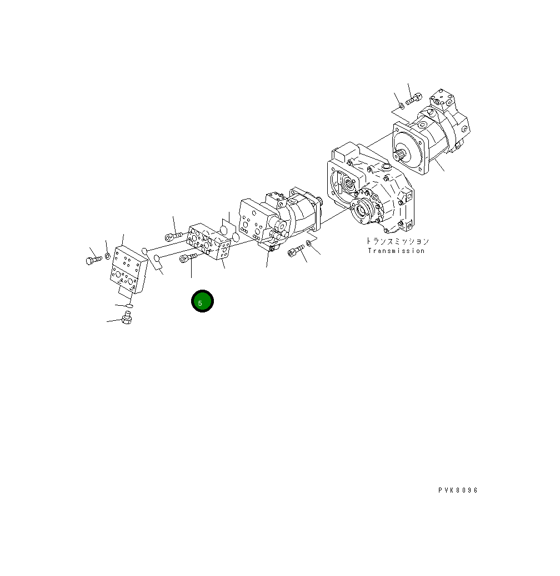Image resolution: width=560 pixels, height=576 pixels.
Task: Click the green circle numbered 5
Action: (x=202, y=301)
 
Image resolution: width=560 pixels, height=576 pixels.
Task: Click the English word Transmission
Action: (x=396, y=251)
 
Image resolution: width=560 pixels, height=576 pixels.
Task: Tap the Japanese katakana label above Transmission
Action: (x=397, y=241)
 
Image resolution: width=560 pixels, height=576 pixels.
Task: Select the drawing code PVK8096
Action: (x=458, y=490)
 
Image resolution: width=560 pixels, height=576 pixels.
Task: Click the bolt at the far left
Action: (x=94, y=260)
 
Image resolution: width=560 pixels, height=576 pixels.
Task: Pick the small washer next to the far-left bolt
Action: (x=108, y=256)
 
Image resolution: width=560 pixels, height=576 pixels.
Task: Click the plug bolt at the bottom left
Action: (x=127, y=318)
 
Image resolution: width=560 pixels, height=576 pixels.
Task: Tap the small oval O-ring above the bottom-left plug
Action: (x=129, y=306)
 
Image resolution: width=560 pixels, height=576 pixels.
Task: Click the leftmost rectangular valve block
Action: (x=128, y=270)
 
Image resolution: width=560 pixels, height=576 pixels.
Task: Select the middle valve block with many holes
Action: (x=208, y=241)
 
